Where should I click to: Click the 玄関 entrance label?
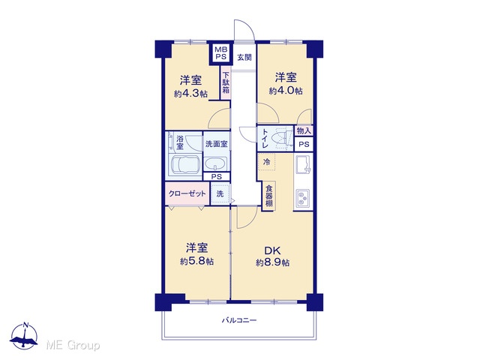click(244, 57)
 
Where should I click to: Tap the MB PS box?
click(220, 53)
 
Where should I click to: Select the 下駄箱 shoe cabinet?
click(226, 82)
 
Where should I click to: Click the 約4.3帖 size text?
click(190, 94)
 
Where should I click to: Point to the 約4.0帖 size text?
click(286, 91)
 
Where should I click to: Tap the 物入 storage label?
click(304, 131)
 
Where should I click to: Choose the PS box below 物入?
click(304, 144)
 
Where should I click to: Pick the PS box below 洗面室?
click(217, 177)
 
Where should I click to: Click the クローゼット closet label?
click(187, 193)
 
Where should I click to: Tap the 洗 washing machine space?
click(220, 193)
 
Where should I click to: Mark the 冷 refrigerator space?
click(267, 162)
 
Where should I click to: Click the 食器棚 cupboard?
click(268, 196)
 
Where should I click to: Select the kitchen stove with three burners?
click(303, 198)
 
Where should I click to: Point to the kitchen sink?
click(303, 164)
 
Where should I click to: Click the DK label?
click(273, 250)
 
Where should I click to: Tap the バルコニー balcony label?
click(239, 320)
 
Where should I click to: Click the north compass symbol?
click(25, 336)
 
